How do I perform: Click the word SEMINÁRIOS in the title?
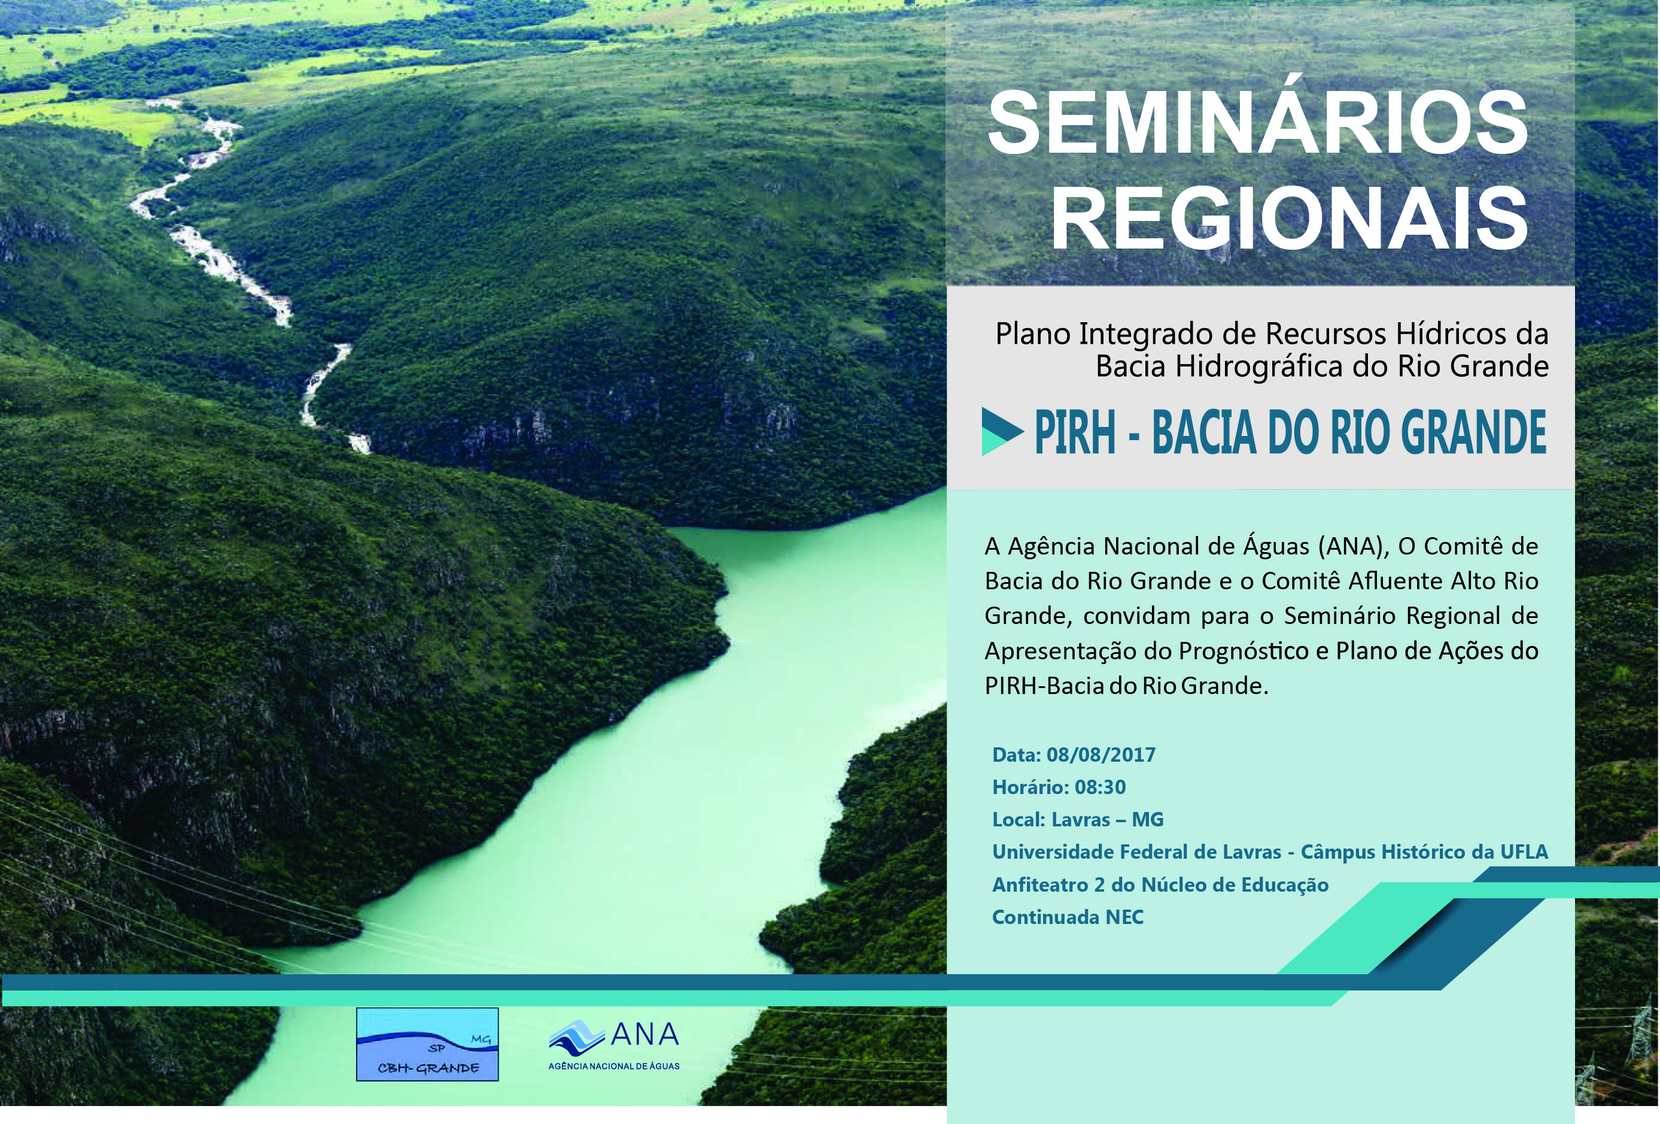1258,123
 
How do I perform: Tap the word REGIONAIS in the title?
1290,217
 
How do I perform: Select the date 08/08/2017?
1100,755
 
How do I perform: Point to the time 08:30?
1100,787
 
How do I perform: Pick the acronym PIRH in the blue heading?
1075,433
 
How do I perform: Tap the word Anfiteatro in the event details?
1040,884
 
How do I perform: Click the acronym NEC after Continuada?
1124,917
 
